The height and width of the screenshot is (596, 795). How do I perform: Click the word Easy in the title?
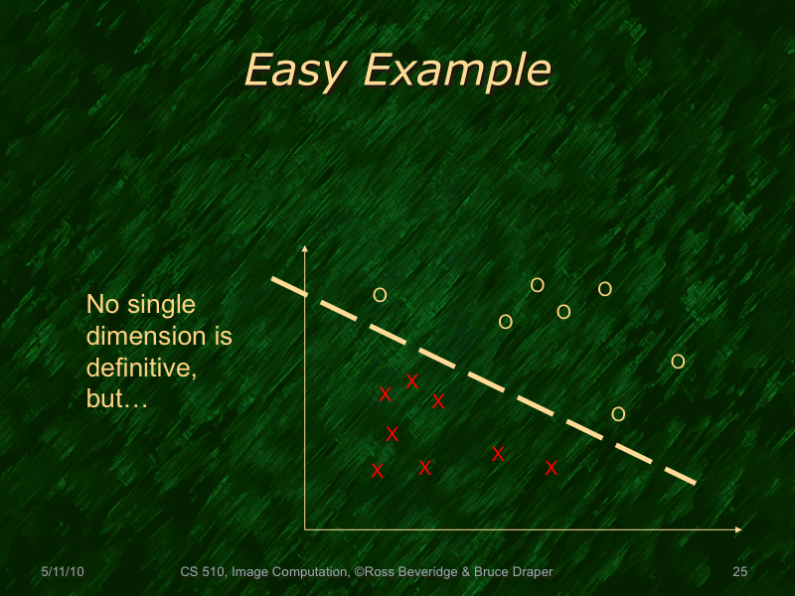295,71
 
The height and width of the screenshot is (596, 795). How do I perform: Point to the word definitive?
139,368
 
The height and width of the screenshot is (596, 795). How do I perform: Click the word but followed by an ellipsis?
116,399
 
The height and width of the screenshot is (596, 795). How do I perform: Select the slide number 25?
739,572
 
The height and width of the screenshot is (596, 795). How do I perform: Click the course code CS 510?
203,572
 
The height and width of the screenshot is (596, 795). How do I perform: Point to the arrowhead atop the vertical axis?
305,248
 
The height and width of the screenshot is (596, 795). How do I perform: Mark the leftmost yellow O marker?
379,295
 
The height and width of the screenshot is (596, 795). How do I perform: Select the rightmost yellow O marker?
678,362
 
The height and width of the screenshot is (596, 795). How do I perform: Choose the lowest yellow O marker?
618,414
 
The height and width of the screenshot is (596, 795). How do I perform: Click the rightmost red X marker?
552,467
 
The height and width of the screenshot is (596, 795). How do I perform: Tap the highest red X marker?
411,380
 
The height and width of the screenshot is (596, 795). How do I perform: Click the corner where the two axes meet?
305,529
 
